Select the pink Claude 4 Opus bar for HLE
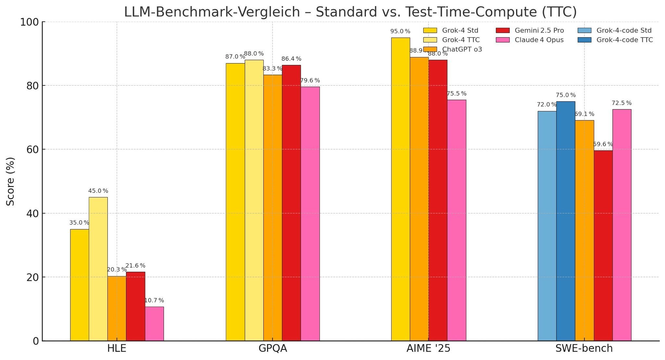[154, 324]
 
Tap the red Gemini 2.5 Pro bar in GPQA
[291, 203]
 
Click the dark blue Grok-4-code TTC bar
[565, 221]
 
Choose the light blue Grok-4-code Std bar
[547, 226]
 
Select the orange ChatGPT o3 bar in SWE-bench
[584, 230]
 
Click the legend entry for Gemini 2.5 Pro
[539, 31]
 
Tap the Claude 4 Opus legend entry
[539, 40]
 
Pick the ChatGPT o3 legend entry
[462, 49]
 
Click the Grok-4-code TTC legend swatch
[584, 40]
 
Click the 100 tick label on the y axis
[29, 22]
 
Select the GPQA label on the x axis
[272, 348]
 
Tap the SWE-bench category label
[584, 348]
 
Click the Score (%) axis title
[10, 181]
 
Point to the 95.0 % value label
[400, 31]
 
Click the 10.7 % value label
[154, 301]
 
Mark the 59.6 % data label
[603, 144]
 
